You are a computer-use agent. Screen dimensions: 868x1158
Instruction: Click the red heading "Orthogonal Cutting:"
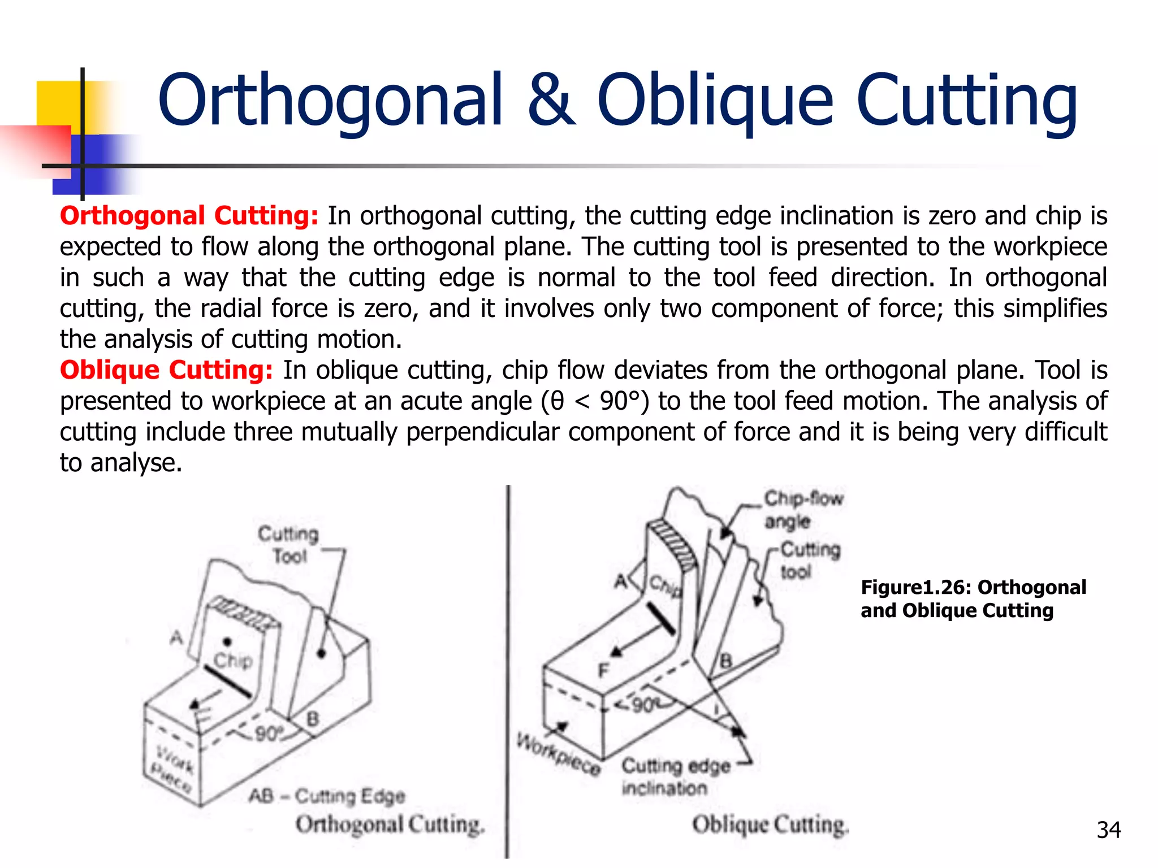coord(189,216)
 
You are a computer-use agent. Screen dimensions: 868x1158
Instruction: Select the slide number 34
coord(1108,830)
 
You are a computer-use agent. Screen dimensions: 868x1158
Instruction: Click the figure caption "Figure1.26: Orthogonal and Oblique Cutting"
coord(973,599)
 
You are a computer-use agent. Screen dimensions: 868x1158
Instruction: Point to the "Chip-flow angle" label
coord(803,509)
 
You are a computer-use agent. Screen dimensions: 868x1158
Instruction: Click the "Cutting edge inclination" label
coord(676,776)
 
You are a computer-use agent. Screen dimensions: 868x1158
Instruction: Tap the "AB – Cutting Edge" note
coord(327,796)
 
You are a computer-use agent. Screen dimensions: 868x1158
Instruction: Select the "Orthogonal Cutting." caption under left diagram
coord(390,824)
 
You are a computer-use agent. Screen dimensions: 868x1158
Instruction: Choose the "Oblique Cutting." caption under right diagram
coord(770,824)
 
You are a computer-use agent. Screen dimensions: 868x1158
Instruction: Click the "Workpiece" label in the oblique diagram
coord(559,754)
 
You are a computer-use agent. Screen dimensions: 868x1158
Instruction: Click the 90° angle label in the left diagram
coord(269,734)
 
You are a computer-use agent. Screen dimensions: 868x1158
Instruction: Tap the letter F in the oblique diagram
coord(603,671)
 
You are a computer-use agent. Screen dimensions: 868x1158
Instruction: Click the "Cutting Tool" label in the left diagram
coord(288,545)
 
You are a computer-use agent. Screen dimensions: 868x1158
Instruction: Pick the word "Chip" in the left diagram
coord(232,660)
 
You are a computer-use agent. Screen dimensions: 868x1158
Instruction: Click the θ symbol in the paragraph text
coord(557,402)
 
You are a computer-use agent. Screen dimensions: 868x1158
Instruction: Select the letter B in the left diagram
coord(313,719)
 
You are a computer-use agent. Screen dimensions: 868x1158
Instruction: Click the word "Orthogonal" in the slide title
coord(330,101)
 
